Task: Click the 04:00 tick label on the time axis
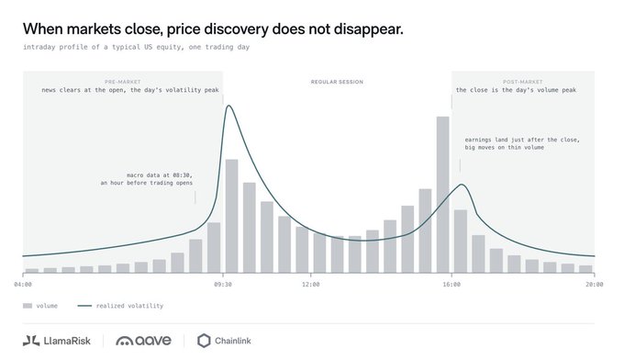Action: click(23, 285)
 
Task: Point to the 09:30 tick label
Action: click(222, 285)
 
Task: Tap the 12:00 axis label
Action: click(310, 285)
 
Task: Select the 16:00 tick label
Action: click(451, 285)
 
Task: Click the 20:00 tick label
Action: click(594, 285)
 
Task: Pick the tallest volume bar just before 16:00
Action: click(442, 195)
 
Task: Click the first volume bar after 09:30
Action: click(231, 216)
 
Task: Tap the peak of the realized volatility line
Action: click(228, 106)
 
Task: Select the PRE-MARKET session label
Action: click(123, 82)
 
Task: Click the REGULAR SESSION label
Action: click(337, 82)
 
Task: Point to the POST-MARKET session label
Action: click(522, 82)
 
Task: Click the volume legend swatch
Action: click(27, 306)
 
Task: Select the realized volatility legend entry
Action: click(120, 306)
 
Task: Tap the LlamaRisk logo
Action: click(57, 341)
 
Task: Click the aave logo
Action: click(144, 341)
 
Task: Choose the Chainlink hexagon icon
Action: click(204, 341)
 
